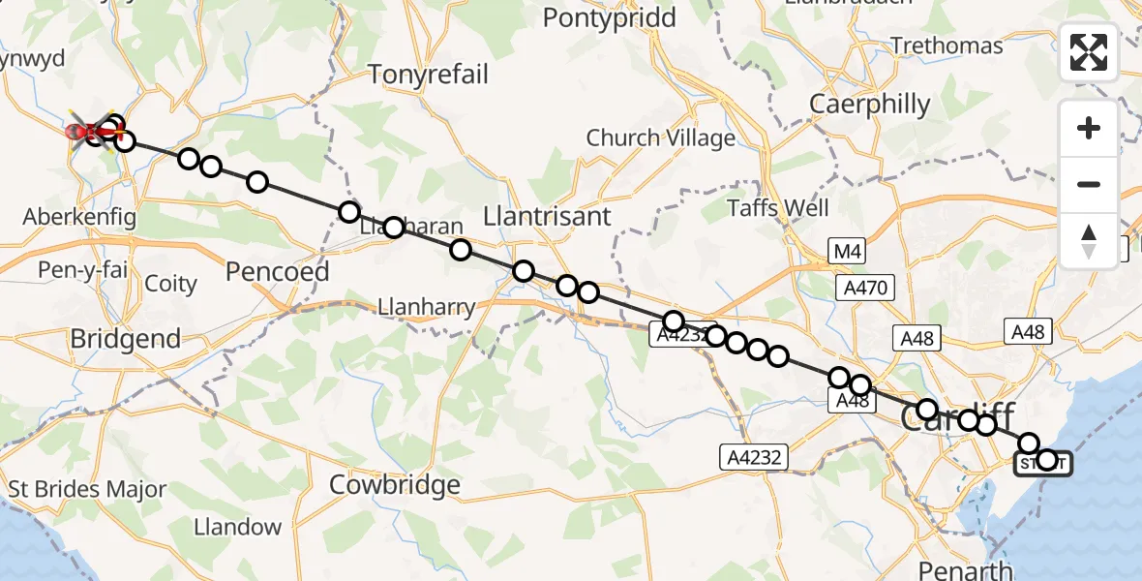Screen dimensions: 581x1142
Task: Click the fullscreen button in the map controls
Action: [x=1089, y=52]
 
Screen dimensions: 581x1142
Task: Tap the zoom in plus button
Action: [x=1089, y=128]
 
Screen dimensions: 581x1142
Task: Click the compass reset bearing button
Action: [x=1089, y=241]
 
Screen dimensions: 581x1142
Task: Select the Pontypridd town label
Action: [x=609, y=17]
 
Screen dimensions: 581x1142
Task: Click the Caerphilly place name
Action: [x=869, y=105]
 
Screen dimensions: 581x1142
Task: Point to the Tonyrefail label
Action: [x=429, y=75]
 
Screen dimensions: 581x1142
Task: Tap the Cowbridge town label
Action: [x=395, y=483]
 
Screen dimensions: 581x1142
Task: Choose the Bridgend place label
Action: [x=126, y=339]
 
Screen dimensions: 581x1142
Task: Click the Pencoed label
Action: [x=277, y=271]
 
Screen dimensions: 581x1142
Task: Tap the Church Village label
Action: [x=661, y=138]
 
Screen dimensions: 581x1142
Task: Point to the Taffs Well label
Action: [x=778, y=208]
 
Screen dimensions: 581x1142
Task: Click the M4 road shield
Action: [x=846, y=253]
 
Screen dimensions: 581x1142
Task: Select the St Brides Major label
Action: [x=87, y=489]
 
